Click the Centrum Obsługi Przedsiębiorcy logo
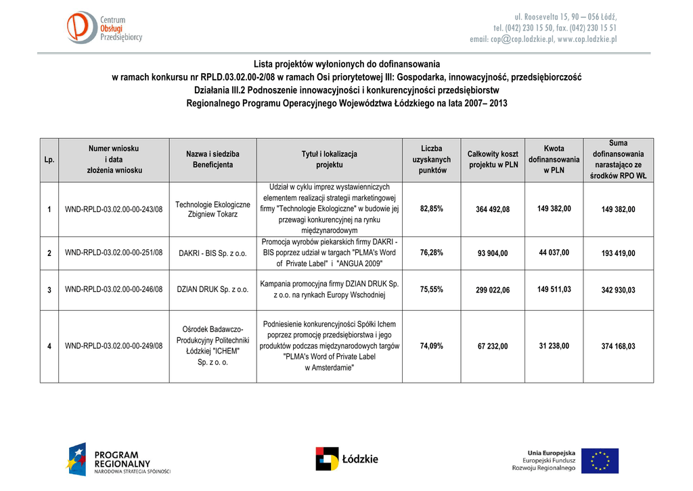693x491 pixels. tap(104, 28)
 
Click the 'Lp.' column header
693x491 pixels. tap(49, 160)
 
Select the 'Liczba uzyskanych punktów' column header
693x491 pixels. tap(431, 160)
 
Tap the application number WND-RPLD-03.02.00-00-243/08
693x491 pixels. tap(114, 209)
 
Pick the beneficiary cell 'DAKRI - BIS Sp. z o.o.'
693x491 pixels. tap(213, 253)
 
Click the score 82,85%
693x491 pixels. tap(431, 209)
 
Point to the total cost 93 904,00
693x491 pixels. tap(493, 253)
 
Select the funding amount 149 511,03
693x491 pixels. tap(554, 289)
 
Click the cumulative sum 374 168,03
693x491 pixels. tap(618, 346)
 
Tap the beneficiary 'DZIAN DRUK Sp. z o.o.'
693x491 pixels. tap(213, 290)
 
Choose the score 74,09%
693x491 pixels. tap(431, 345)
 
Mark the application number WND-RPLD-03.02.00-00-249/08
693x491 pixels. tap(114, 346)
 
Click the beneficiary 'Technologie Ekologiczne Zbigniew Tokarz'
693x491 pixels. tap(213, 209)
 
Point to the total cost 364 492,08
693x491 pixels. tap(493, 209)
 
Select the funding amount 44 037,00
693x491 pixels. tap(554, 253)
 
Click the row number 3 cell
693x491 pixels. tap(49, 290)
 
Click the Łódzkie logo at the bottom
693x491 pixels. tap(346, 458)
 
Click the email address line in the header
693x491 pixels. tap(543, 39)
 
